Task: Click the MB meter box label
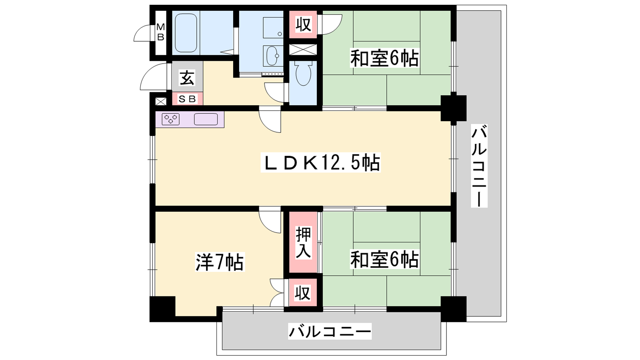(160, 32)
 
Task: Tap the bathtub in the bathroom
(186, 33)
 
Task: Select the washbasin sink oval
(273, 56)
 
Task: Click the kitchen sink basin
(206, 119)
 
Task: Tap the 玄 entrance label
(187, 78)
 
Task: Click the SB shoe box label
(187, 99)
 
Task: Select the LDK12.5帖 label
(320, 163)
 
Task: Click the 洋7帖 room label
(220, 262)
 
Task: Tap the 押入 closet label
(303, 242)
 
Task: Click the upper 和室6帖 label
(384, 58)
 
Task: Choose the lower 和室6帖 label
(384, 259)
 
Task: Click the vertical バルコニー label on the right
(479, 166)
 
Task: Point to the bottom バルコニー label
(330, 332)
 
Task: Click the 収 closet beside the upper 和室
(303, 24)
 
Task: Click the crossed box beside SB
(160, 101)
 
